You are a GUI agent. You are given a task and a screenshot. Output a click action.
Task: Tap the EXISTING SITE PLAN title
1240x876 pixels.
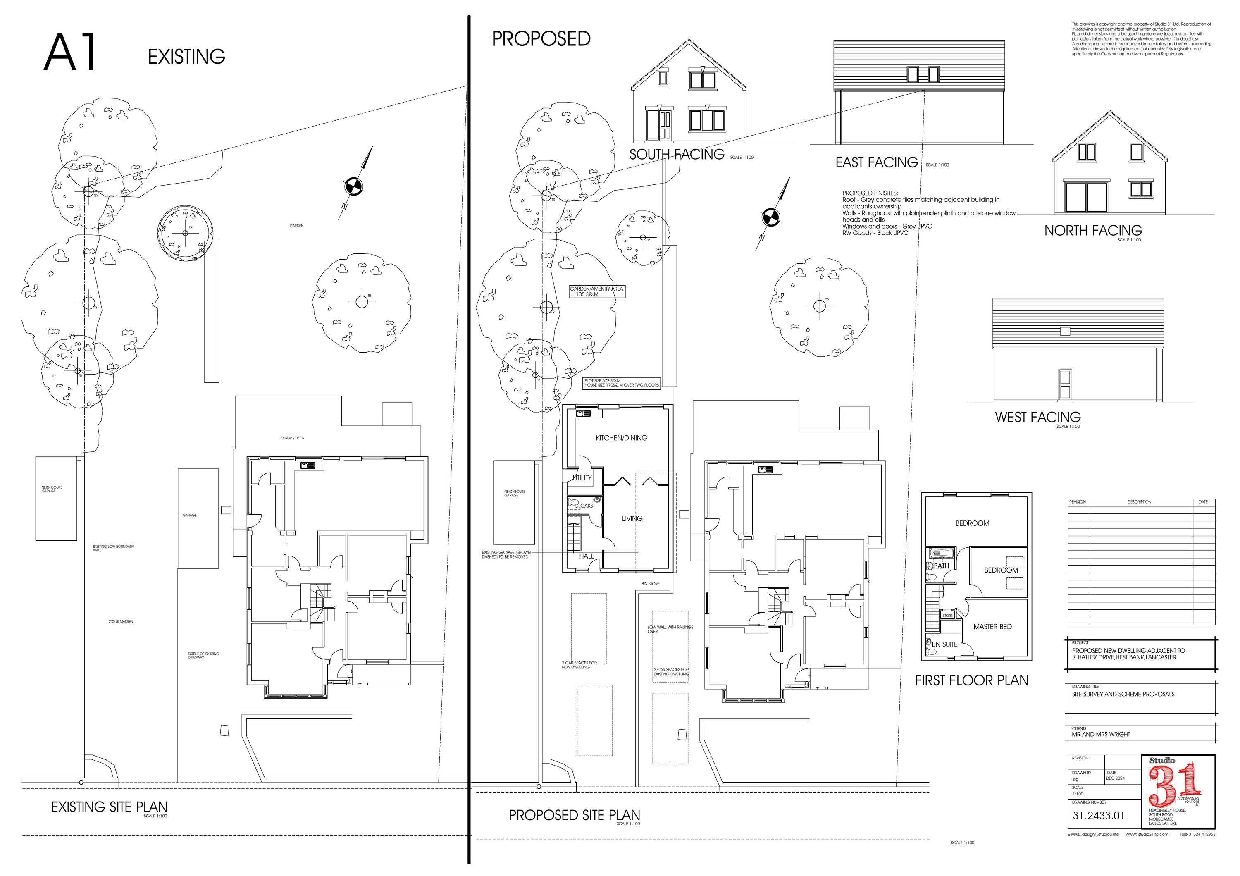click(x=109, y=807)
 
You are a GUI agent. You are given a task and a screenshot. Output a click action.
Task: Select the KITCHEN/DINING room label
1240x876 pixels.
click(x=621, y=438)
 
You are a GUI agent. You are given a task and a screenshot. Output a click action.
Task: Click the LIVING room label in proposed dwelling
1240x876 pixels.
click(x=632, y=518)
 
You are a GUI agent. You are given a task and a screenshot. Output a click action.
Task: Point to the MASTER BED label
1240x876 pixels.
click(x=992, y=626)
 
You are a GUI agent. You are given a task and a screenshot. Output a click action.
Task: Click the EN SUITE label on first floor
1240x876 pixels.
click(x=944, y=644)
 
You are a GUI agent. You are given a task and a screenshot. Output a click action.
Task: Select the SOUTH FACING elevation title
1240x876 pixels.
click(x=676, y=155)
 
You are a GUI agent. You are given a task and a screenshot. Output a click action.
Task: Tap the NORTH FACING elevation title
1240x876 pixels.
click(x=1092, y=231)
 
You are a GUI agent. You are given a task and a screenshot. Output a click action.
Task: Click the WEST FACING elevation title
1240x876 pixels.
click(x=1037, y=417)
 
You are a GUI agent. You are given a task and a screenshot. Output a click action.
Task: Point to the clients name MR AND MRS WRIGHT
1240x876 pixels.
click(x=1101, y=735)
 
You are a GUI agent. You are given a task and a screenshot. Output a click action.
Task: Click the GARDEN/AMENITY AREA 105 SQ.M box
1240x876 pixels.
click(x=597, y=291)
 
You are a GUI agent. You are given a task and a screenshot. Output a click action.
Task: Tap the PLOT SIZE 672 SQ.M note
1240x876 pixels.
click(x=621, y=383)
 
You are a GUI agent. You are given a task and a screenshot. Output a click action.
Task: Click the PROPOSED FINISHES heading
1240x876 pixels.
click(x=870, y=193)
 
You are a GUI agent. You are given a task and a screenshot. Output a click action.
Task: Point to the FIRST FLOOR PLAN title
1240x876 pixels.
click(x=972, y=680)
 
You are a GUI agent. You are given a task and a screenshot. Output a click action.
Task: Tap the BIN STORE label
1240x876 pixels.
click(x=650, y=584)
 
